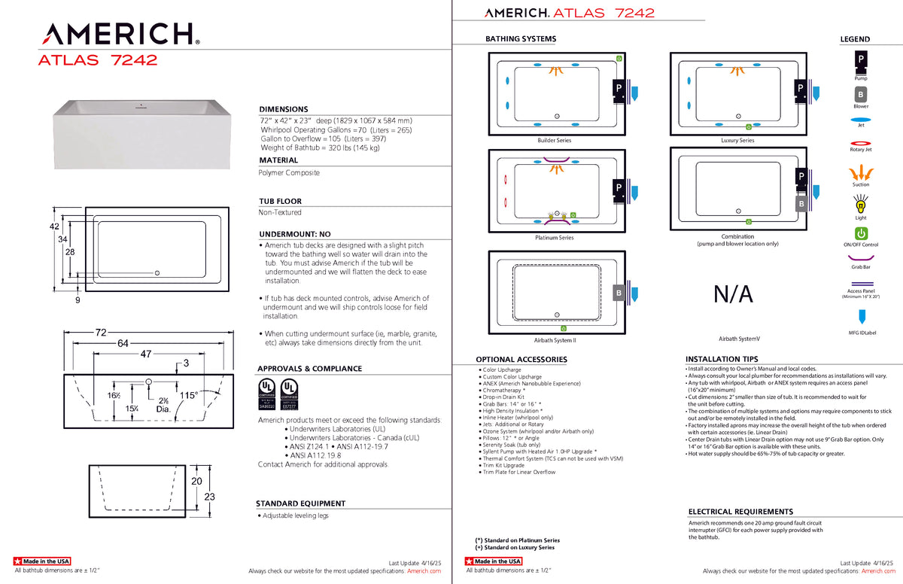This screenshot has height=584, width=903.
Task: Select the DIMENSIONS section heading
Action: coord(284,109)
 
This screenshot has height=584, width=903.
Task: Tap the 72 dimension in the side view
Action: coord(100,332)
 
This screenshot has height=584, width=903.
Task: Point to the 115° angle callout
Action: coord(187,394)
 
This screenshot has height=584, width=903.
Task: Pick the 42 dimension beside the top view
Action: coord(54,226)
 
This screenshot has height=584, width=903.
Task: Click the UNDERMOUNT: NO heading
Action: coord(294,234)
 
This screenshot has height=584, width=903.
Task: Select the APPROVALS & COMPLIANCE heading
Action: coord(309,369)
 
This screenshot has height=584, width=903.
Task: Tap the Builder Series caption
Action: coord(554,141)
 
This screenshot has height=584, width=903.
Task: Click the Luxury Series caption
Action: coord(737,141)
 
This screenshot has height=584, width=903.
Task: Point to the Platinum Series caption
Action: coord(554,238)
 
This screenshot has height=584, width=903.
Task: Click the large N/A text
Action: coord(733,294)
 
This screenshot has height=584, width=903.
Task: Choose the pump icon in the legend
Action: coord(860,59)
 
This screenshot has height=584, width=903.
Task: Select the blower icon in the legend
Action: coord(860,95)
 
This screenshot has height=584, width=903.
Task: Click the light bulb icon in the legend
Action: coord(860,204)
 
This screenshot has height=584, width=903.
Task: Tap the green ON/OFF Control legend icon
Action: coord(860,233)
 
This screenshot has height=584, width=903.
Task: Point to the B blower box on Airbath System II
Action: coord(619,293)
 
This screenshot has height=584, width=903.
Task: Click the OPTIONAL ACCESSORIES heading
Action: coord(521,360)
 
